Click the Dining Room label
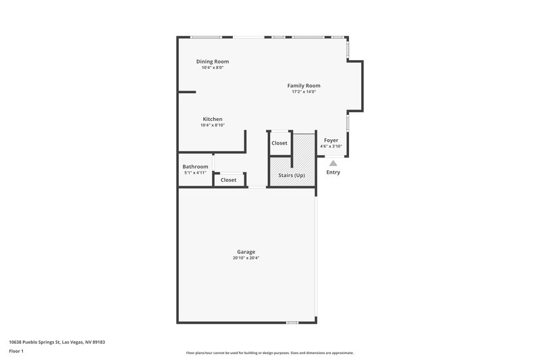tap(212, 61)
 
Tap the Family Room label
tap(304, 86)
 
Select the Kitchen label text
tap(212, 119)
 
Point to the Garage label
tap(246, 252)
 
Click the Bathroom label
tap(195, 167)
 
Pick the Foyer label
tap(331, 140)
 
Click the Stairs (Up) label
tap(292, 176)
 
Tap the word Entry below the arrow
tap(333, 172)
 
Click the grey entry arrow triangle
tap(333, 162)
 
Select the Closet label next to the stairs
tap(279, 143)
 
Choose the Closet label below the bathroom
tap(228, 180)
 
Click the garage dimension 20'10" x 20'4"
tap(246, 258)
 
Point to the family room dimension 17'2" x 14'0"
tap(304, 92)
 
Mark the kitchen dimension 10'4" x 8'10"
tap(212, 125)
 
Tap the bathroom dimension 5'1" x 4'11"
tap(195, 173)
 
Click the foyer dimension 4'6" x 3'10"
tap(331, 146)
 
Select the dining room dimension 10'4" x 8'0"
tap(212, 68)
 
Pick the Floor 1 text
tap(16, 351)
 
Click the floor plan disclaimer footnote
tap(269, 353)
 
